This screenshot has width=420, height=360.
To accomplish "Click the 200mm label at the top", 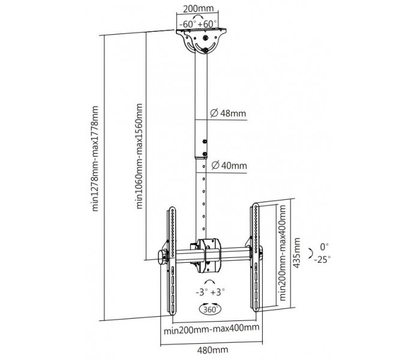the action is (198, 8).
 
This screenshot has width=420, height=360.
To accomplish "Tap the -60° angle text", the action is (188, 24).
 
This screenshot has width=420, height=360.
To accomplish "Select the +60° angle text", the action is (208, 24).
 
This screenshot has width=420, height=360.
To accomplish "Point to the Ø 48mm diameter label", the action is (228, 113).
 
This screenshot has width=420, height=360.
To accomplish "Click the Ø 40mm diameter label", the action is (229, 166).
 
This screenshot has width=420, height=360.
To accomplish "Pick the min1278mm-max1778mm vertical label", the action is (95, 158).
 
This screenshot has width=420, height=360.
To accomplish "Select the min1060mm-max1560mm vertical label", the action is (140, 156).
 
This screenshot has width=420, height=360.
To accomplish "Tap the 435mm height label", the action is (296, 253).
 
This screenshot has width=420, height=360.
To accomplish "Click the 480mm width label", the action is (212, 350).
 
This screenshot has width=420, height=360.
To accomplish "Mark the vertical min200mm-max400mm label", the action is (283, 253).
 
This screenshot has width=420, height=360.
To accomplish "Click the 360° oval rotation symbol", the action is (210, 310).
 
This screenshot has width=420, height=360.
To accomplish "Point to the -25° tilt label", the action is (322, 259).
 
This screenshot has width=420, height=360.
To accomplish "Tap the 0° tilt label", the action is (325, 246).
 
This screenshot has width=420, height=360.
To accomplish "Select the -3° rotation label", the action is (202, 292).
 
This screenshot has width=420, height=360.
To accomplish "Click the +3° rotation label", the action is (217, 292).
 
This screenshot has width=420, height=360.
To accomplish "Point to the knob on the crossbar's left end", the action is (163, 257).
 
